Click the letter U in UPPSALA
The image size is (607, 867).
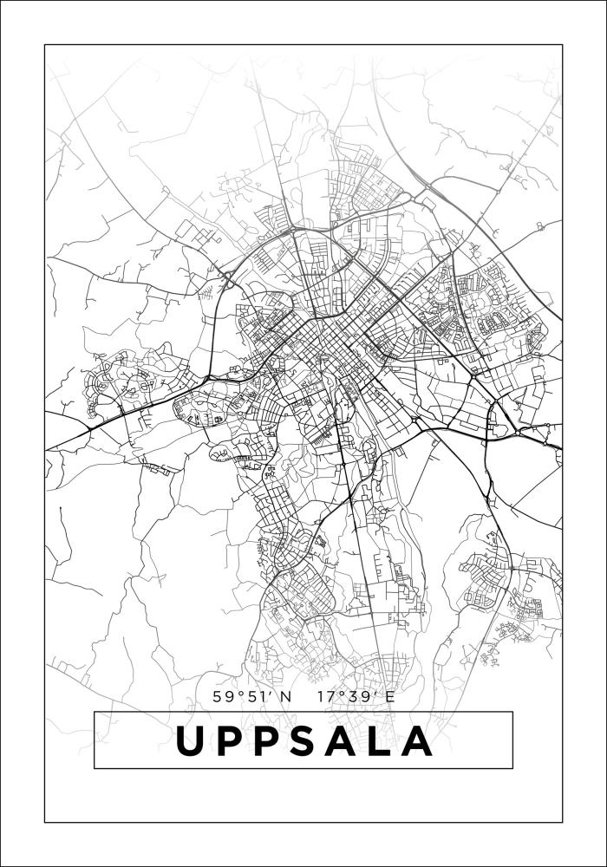coord(193,740)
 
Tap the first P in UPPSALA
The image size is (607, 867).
coord(233,740)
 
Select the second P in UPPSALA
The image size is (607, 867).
coord(272,740)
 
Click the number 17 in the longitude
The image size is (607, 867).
coord(327,696)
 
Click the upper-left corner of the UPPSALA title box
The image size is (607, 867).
coord(94,712)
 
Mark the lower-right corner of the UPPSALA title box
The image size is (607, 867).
coord(512,768)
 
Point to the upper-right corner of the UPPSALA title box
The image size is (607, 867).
coord(512,712)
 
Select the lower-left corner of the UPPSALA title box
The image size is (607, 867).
coord(94,768)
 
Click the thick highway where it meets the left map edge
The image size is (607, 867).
coord(47,448)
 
